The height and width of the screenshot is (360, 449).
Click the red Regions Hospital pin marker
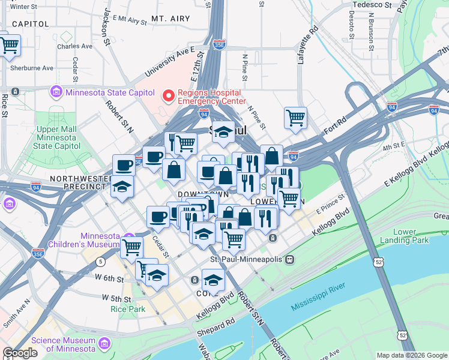pyautogui.click(x=169, y=95)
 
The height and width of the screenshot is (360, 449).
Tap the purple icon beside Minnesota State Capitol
pyautogui.click(x=56, y=92)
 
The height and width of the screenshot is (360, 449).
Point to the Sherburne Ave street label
pyautogui.click(x=32, y=68)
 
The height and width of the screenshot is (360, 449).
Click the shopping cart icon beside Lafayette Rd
pyautogui.click(x=295, y=118)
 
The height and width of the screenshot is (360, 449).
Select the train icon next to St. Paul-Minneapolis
pyautogui.click(x=289, y=259)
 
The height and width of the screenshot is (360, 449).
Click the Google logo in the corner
pyautogui.click(x=20, y=353)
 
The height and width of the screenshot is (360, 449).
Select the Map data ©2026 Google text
pyautogui.click(x=411, y=355)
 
